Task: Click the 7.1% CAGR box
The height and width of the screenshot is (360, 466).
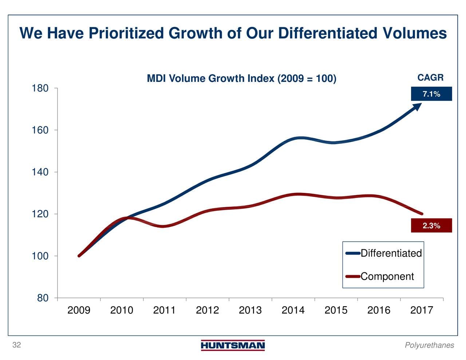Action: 431,94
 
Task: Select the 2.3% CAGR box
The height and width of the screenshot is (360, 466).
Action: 431,226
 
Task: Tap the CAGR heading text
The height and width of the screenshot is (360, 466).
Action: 430,78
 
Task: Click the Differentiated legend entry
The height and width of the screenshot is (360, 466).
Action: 391,253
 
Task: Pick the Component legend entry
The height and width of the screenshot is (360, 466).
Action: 387,277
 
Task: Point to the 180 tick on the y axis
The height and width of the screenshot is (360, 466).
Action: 40,88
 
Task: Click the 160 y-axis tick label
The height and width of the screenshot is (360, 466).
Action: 40,130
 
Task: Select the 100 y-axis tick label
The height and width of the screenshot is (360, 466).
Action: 40,256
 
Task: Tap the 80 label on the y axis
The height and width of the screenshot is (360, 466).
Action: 43,298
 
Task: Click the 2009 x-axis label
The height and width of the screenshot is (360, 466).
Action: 79,310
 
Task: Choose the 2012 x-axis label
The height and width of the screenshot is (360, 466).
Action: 207,310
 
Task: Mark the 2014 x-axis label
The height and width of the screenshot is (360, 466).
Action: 293,310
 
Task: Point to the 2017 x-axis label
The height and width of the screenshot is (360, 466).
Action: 422,310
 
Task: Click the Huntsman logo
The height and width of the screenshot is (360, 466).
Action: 233,345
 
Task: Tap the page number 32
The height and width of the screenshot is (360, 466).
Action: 16,345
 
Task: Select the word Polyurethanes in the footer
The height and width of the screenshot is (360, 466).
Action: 429,345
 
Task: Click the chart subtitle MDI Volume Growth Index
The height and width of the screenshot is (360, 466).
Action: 241,79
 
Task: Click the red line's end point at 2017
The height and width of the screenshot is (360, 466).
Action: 422,214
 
